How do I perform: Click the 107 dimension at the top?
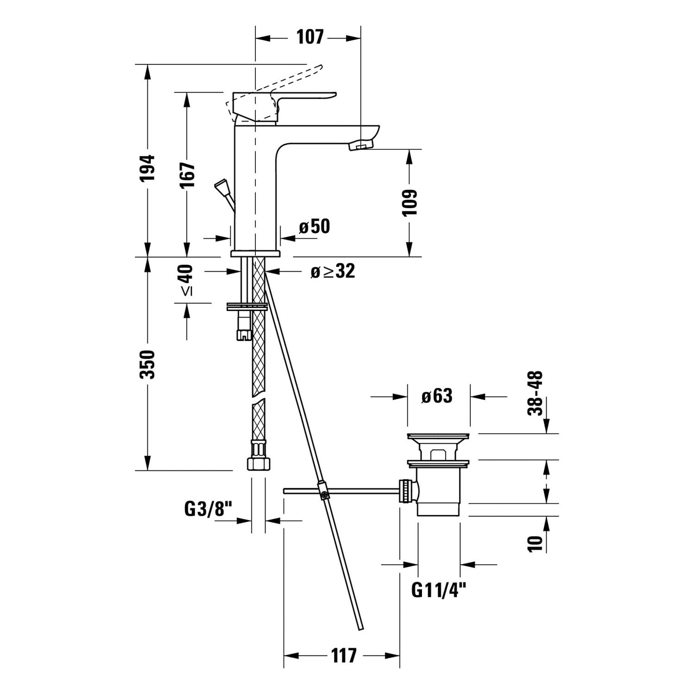pyautogui.click(x=310, y=37)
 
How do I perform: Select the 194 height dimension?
pyautogui.click(x=148, y=168)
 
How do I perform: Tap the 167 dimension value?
pyautogui.click(x=187, y=174)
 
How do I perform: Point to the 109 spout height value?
pyautogui.click(x=409, y=202)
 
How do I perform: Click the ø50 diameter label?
pyautogui.click(x=314, y=226)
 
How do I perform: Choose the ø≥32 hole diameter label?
pyautogui.click(x=333, y=271)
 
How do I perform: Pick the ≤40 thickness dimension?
pyautogui.click(x=186, y=279)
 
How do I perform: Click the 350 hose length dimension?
pyautogui.click(x=147, y=365)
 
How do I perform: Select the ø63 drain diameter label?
pyautogui.click(x=437, y=396)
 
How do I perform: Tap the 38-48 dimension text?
pyautogui.click(x=535, y=394)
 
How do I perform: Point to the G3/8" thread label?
pyautogui.click(x=207, y=509)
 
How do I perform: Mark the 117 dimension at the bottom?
pyautogui.click(x=344, y=655)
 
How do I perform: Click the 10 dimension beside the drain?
pyautogui.click(x=535, y=543)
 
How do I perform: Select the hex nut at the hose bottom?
pyautogui.click(x=258, y=464)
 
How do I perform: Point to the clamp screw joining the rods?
pyautogui.click(x=323, y=491)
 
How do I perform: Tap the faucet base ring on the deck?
pyautogui.click(x=255, y=254)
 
